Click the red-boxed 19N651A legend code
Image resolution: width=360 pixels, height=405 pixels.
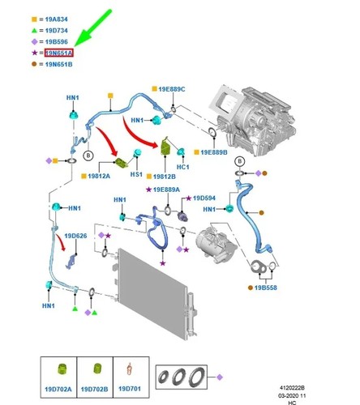59,53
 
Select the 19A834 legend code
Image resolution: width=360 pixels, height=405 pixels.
56,19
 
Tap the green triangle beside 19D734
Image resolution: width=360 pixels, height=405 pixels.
34,31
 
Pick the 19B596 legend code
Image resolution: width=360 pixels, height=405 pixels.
56,42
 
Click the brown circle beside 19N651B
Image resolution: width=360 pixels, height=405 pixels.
34,64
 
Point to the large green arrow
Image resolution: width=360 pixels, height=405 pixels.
92,28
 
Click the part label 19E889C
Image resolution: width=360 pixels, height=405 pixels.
172,89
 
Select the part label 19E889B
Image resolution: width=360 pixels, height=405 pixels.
214,152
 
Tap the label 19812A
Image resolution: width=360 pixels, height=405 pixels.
99,176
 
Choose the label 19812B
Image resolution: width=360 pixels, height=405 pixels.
164,177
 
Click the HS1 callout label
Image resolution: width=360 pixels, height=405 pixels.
136,174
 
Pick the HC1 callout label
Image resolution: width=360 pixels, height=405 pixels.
183,167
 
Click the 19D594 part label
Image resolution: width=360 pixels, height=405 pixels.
204,198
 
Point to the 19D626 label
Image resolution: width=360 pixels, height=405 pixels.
75,236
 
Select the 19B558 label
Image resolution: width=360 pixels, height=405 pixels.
266,288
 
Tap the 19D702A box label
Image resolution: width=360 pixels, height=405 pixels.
58,389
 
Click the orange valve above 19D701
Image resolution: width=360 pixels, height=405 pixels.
130,369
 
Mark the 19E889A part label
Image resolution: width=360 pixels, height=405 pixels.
166,190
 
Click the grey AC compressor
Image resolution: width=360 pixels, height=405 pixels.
216,245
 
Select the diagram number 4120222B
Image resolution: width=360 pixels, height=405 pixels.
292,388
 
